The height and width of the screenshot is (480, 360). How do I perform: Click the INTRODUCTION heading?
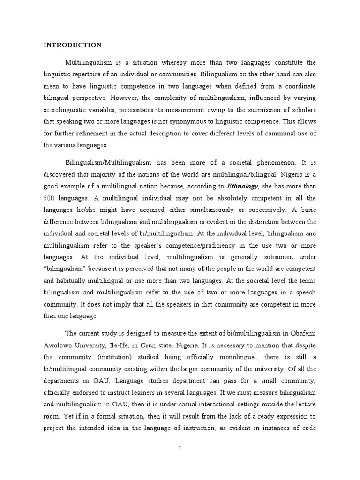[x=72, y=45]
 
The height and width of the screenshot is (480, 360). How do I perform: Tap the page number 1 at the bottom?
[x=180, y=448]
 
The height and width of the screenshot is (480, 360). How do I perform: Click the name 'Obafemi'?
[x=303, y=333]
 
